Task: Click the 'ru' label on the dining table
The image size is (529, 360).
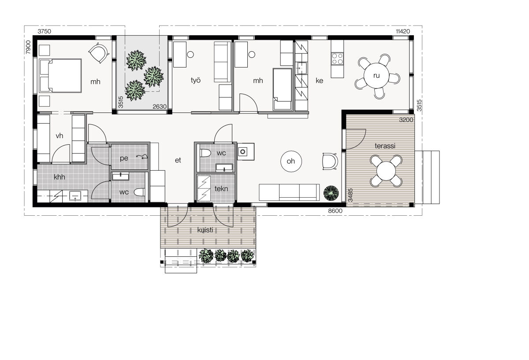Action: tap(376, 75)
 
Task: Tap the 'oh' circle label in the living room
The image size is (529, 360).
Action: tap(291, 161)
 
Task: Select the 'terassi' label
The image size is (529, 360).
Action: tap(385, 146)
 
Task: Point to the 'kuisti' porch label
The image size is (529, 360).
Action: tap(205, 230)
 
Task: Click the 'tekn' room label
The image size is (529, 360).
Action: tap(221, 189)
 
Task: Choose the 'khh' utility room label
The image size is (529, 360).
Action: tap(59, 177)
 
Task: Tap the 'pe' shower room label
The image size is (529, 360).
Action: tap(124, 158)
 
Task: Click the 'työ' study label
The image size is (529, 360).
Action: tap(196, 80)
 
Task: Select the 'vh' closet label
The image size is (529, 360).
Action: tap(60, 136)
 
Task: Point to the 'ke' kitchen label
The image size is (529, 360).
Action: tap(319, 81)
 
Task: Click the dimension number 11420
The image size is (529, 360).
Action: tap(403, 31)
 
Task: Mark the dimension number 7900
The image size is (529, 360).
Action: tap(28, 47)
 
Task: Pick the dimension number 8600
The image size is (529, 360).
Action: tap(335, 210)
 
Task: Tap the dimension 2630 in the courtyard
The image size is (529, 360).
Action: tap(160, 107)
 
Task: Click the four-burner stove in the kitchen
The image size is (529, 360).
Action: tap(337, 59)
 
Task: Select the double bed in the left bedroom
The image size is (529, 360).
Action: tap(60, 75)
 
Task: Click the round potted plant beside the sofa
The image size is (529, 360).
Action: tap(331, 193)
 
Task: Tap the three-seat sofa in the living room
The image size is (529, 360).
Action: tap(289, 192)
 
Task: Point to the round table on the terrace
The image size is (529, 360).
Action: tap(386, 171)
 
